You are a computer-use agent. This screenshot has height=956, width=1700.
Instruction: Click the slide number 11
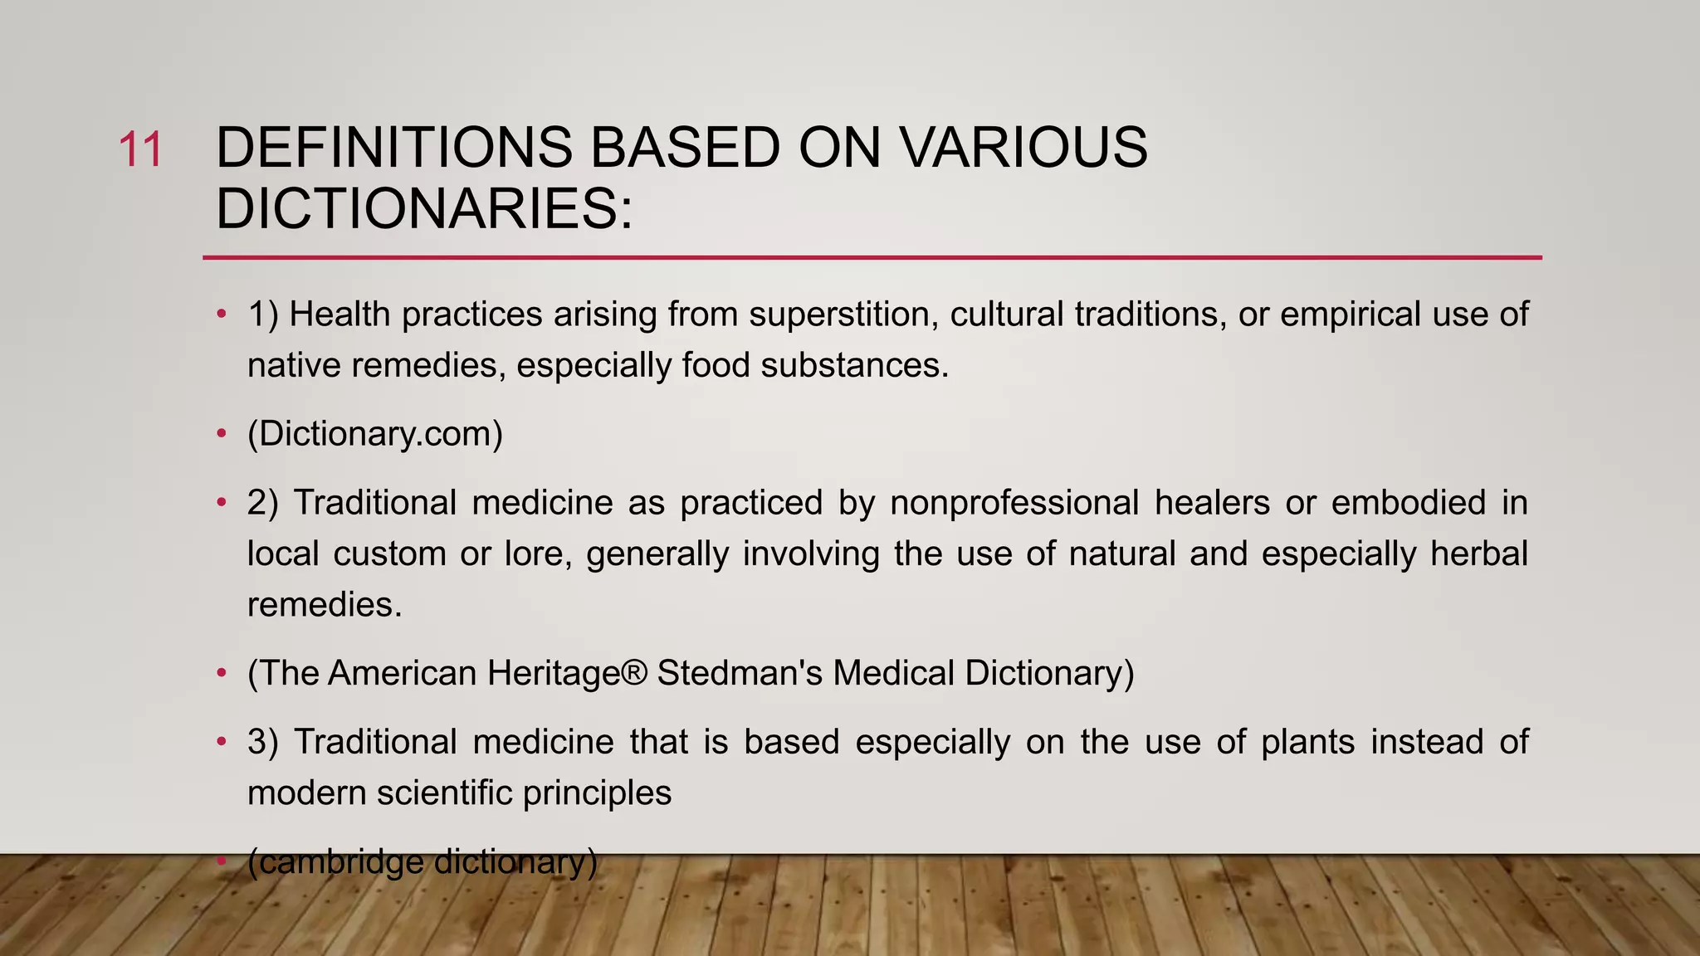[140, 150]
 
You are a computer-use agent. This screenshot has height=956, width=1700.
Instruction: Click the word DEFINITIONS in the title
[393, 149]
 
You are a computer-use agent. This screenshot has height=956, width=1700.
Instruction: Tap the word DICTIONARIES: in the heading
[424, 208]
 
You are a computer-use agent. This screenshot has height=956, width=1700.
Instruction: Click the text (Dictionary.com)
[375, 434]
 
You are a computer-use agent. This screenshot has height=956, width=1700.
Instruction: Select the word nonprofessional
[1014, 503]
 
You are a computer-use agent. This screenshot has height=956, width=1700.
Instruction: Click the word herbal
[1478, 554]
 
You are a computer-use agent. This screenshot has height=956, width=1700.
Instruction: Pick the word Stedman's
[740, 673]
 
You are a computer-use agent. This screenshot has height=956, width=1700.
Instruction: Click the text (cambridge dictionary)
[422, 862]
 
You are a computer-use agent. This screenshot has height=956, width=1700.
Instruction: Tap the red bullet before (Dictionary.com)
[221, 434]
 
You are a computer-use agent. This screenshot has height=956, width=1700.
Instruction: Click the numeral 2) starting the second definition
[262, 503]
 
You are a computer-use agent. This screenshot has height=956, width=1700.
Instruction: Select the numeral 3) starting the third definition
[262, 742]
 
